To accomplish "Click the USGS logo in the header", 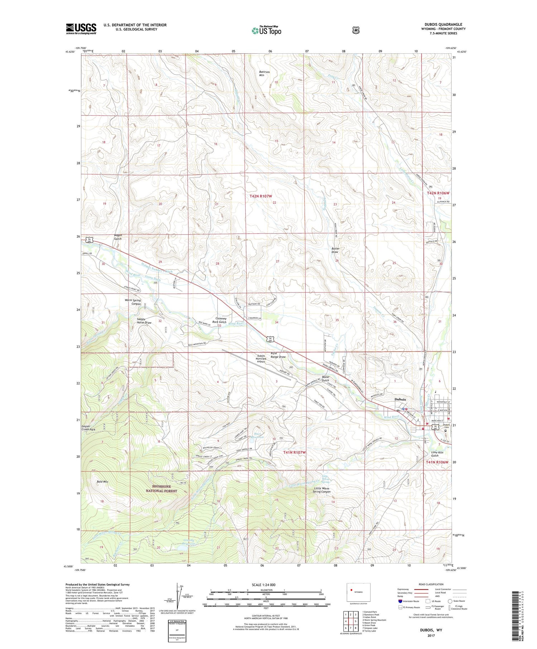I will point(81,29).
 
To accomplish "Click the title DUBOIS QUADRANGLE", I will point(443,25).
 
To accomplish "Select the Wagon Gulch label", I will point(118,237).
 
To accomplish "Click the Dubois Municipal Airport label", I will point(261,359).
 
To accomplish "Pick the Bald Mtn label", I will point(102,481).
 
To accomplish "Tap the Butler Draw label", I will point(335,250).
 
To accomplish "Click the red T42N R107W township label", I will point(261,196).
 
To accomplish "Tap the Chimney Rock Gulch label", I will point(221,320).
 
